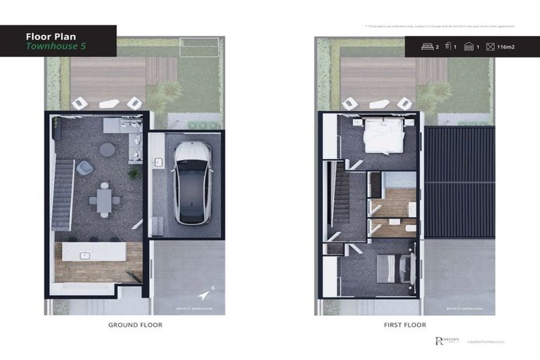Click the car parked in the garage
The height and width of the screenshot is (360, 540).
click(x=193, y=182)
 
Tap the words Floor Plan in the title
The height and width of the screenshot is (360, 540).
click(x=50, y=36)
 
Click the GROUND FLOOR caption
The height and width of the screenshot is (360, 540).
click(x=135, y=325)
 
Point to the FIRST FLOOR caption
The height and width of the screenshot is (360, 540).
click(x=405, y=325)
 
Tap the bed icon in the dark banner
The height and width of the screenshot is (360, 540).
click(x=427, y=46)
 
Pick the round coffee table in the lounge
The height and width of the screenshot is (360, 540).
click(x=108, y=149)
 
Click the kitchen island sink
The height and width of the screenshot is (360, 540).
click(x=84, y=255)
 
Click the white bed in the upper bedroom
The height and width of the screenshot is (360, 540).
click(x=383, y=136)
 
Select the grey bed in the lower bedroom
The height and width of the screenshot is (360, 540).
click(x=388, y=268)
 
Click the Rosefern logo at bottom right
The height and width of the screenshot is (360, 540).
click(x=446, y=341)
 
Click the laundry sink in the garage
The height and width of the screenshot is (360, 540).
click(x=159, y=163)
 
